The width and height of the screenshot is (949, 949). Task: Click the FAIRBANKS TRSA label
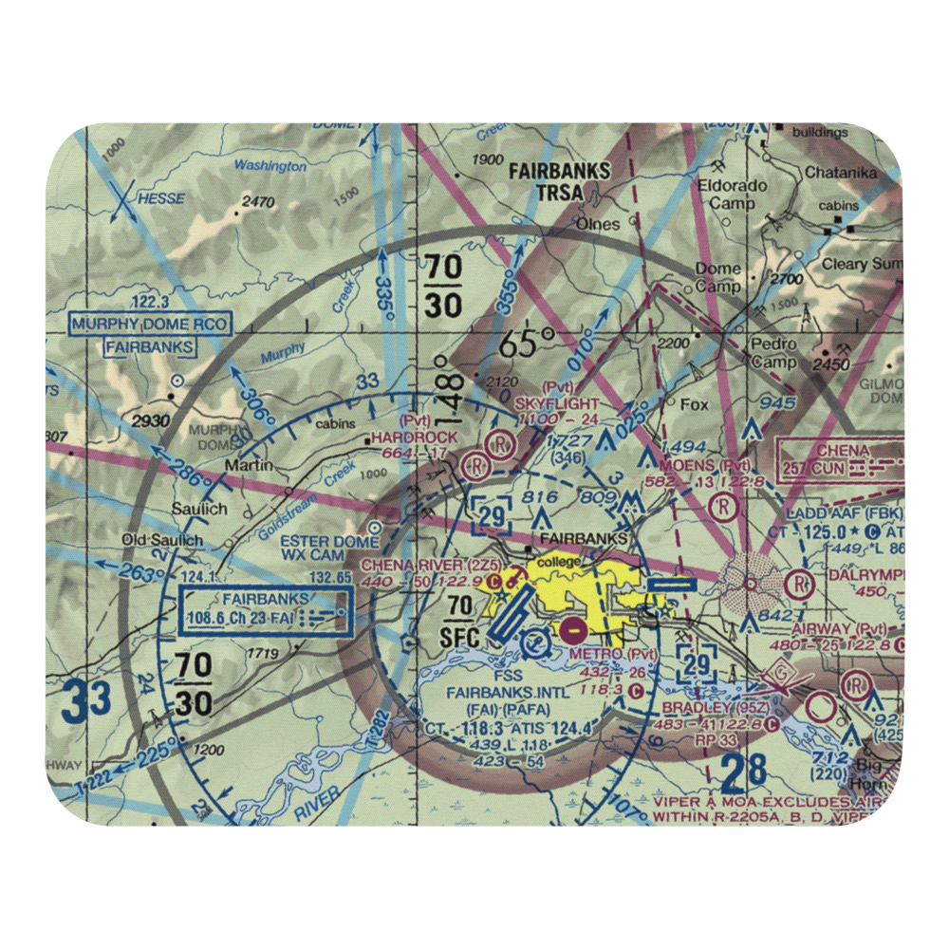coord(559,182)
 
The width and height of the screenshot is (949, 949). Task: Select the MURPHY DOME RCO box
coord(151,325)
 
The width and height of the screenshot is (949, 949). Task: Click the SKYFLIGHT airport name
coord(557,403)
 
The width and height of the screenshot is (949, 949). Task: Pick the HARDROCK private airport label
coord(414,437)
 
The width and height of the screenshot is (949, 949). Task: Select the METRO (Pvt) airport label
coord(613,654)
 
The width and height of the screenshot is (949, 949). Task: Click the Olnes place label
coord(598,226)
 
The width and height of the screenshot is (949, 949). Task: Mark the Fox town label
coord(695,404)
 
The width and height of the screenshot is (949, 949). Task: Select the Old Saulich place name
coord(161,541)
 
